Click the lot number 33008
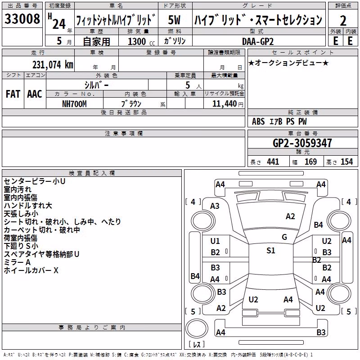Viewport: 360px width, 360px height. [x=22, y=18]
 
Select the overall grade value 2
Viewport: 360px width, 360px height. [x=343, y=21]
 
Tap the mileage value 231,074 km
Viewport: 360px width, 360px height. [x=53, y=65]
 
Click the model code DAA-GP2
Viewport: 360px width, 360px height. [x=258, y=41]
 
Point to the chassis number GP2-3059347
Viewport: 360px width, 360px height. [x=302, y=143]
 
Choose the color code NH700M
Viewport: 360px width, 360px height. [x=74, y=104]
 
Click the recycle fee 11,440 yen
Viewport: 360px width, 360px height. [x=228, y=104]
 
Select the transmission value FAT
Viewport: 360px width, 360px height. [x=13, y=94]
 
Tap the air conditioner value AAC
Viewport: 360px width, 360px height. [x=35, y=94]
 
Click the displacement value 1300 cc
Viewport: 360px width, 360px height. [x=141, y=41]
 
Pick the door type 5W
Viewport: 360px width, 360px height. [x=174, y=20]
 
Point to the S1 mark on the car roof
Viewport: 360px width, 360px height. [x=271, y=251]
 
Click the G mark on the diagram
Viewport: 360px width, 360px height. [x=284, y=237]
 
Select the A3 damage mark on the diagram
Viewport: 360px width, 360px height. [x=215, y=206]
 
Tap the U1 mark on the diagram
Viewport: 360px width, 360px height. [x=215, y=241]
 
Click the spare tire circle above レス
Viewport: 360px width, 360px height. [x=197, y=328]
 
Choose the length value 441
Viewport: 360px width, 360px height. [x=273, y=162]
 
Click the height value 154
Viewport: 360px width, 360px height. [x=346, y=162]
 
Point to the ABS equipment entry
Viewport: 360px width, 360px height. [x=258, y=121]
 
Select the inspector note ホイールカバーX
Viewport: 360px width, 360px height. [x=31, y=270]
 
